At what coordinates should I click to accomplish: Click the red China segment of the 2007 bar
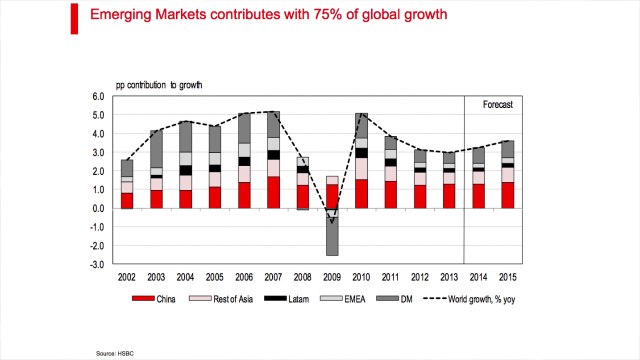tap(274, 192)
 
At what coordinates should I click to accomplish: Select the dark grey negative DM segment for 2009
tap(333, 241)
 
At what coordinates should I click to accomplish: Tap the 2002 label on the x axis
tap(127, 277)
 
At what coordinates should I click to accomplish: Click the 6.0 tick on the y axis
tap(98, 97)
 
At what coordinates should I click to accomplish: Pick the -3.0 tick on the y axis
tap(97, 265)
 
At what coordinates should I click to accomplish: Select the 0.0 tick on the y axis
tap(98, 209)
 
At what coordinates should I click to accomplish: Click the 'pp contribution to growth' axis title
tap(158, 85)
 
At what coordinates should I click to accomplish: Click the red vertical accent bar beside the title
tap(75, 17)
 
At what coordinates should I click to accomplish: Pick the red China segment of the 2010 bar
tap(362, 194)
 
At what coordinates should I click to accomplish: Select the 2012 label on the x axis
tap(420, 277)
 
